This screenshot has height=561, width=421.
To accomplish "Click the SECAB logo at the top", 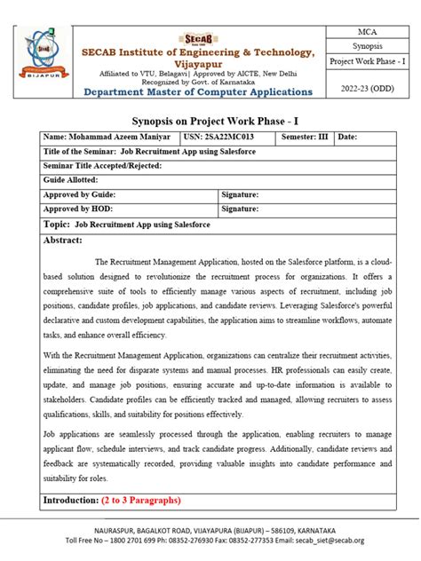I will pos(197,38).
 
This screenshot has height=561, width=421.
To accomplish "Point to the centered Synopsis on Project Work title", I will pos(210,121).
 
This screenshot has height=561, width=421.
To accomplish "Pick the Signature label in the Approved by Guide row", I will pos(241,194).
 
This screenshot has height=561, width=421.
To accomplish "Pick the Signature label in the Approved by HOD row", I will pos(241,209).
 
